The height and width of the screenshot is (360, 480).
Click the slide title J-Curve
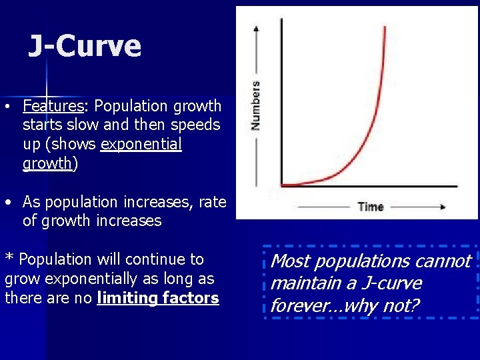[x=85, y=47]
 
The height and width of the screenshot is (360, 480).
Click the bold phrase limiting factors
[x=158, y=298]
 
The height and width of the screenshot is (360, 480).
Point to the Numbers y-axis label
[x=255, y=105]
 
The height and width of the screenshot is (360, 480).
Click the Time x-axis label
[x=370, y=207]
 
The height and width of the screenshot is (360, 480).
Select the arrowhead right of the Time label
[x=441, y=207]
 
